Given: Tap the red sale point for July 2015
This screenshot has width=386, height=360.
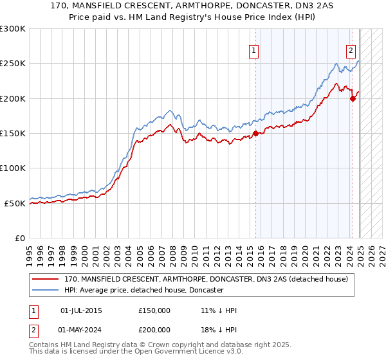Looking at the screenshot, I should point(255,133).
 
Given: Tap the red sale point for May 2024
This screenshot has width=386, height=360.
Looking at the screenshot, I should point(353,98).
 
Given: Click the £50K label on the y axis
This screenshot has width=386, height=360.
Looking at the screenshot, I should point(15,203).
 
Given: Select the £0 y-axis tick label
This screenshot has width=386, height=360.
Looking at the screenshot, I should point(19,238).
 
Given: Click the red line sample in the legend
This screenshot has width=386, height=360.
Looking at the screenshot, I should point(46,279).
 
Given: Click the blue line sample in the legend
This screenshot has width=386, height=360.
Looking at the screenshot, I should point(46,290).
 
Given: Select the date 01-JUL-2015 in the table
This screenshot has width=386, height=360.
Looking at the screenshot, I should point(81,310).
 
